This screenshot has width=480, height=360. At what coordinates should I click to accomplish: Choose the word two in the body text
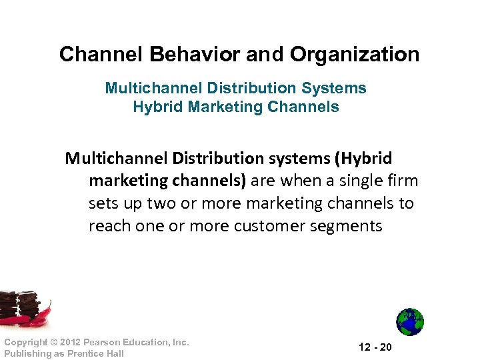coord(160,203)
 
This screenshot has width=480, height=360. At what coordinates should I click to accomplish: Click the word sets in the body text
coord(103,203)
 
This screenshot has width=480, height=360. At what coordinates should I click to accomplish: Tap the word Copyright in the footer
coord(24,343)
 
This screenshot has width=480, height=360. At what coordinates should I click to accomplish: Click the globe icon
coord(410,322)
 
